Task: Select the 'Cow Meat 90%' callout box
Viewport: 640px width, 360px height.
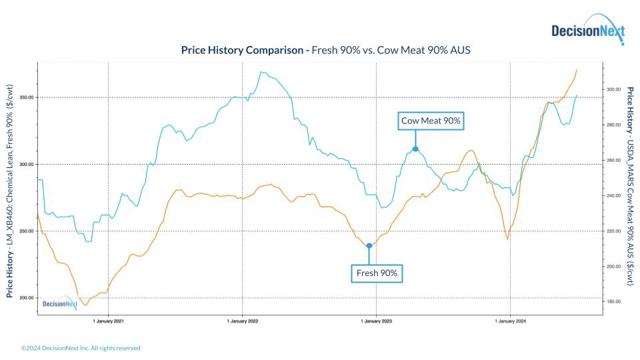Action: (431, 121)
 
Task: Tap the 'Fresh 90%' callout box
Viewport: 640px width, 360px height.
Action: (377, 273)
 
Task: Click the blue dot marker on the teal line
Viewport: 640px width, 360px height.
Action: (415, 149)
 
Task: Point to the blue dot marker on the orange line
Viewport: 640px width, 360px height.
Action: (369, 245)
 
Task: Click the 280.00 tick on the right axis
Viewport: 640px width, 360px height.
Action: (614, 125)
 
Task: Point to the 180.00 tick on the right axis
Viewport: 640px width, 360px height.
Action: (614, 302)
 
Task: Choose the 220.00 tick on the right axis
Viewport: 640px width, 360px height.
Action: (614, 231)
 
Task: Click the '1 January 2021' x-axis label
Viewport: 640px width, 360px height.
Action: (109, 321)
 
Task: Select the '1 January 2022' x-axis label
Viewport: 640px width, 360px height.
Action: (243, 321)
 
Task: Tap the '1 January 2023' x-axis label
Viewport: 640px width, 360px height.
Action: (377, 321)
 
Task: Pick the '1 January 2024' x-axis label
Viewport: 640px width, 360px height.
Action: (511, 321)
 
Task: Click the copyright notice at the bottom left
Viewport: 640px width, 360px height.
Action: (81, 348)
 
